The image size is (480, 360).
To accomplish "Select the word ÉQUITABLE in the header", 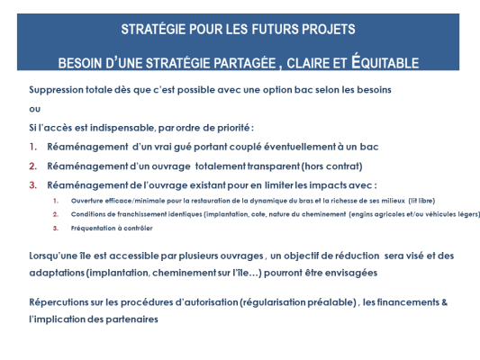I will [376, 62].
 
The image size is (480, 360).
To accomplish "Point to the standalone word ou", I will [33, 108].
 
